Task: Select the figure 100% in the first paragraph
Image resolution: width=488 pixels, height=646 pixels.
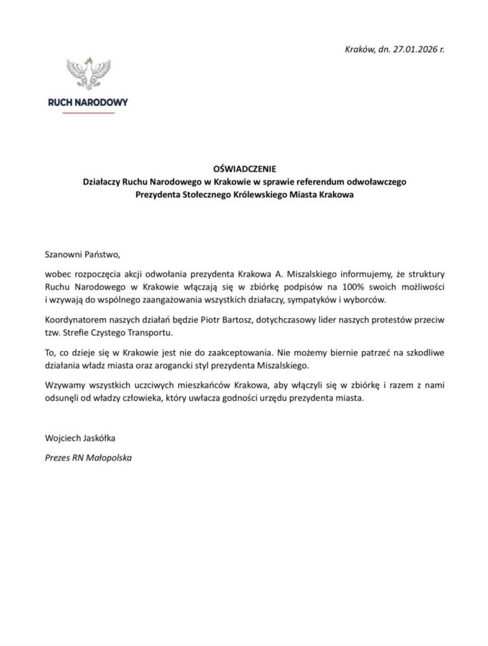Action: (367, 287)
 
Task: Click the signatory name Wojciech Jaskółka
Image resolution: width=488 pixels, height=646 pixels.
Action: (80, 438)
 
